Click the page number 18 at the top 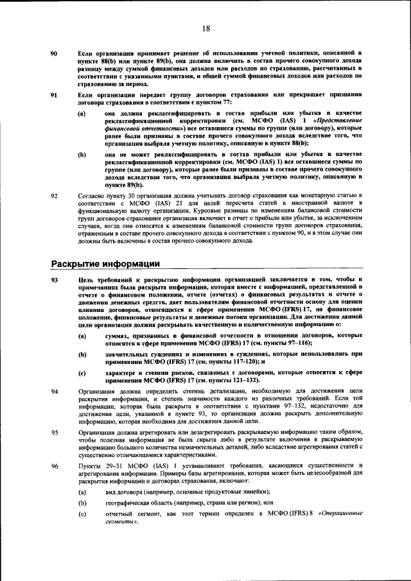[x=205, y=28]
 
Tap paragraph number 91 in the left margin [x=55, y=95]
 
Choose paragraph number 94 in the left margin [x=55, y=391]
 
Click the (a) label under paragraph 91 [x=82, y=114]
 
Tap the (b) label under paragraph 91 [x=82, y=155]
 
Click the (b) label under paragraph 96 [x=82, y=504]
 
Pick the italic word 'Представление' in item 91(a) [x=335, y=121]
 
